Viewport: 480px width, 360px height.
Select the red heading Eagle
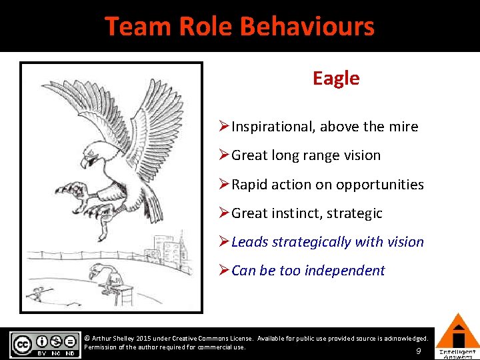pos(336,79)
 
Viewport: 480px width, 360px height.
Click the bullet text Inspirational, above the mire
pos(325,127)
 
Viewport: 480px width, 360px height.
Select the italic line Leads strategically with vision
pos(327,242)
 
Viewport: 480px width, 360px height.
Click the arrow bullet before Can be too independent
pos(225,271)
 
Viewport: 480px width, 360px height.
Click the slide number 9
pos(418,351)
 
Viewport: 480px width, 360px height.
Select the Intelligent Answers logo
pos(457,337)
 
